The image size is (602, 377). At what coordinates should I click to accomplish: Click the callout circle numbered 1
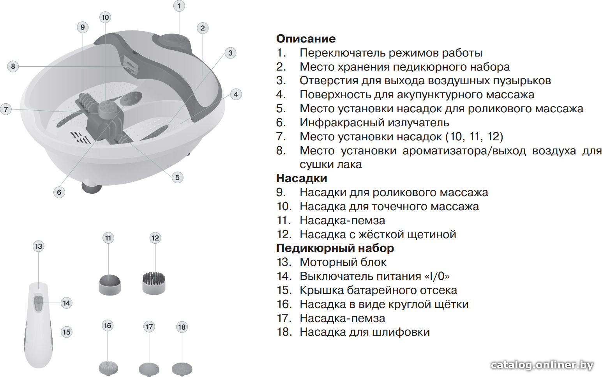[179, 5]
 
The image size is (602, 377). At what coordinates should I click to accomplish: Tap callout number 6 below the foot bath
[59, 192]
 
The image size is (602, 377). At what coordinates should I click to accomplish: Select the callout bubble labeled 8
[13, 66]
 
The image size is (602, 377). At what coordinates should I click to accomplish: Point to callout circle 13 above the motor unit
[39, 246]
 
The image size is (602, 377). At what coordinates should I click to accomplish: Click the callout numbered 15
[66, 332]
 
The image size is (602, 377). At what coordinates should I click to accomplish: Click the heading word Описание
[306, 39]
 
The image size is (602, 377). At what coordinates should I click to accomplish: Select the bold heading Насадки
[302, 178]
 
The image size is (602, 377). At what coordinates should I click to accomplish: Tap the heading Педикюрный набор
[335, 248]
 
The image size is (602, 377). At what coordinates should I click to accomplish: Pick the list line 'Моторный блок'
[343, 262]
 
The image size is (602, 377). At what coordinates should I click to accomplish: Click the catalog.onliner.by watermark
[542, 365]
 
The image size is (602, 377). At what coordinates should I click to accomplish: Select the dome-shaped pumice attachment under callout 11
[109, 285]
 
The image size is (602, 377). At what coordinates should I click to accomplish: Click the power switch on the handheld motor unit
[39, 303]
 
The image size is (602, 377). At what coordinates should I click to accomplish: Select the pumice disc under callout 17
[149, 370]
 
